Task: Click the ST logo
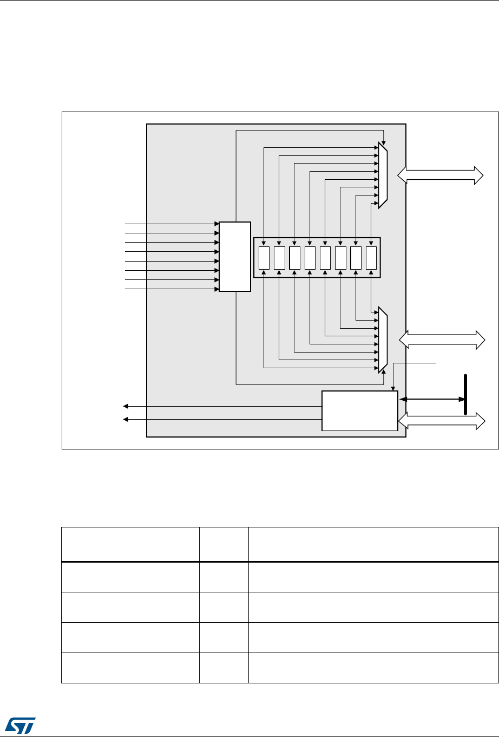coord(19,723)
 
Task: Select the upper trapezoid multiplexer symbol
coord(383,175)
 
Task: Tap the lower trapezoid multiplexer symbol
coord(383,340)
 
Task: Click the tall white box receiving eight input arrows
coord(235,256)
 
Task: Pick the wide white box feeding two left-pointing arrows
coord(359,410)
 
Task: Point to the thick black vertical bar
coord(465,394)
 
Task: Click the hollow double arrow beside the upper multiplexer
coord(440,175)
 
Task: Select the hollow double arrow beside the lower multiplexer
coord(442,340)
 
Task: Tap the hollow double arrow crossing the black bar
coord(442,421)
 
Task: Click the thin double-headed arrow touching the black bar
coord(431,400)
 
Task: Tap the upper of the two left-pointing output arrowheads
coord(126,406)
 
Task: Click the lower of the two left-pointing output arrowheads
coord(126,419)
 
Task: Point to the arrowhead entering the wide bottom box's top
coord(393,387)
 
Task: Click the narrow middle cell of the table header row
coord(224,544)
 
